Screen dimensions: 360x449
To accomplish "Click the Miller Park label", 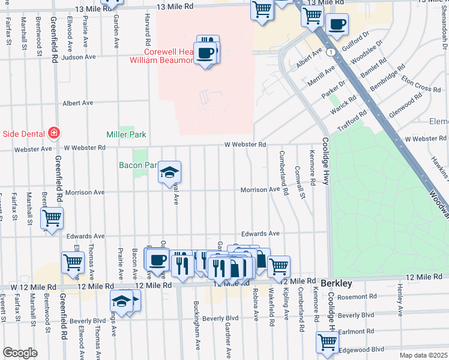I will [x=126, y=135].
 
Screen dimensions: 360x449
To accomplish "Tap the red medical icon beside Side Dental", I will [x=55, y=132].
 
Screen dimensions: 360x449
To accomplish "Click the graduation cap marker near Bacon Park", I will [x=170, y=173].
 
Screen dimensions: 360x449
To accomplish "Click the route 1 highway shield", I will [x=331, y=53].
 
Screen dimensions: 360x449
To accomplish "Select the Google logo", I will [x=20, y=353].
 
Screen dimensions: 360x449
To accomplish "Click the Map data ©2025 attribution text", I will [x=423, y=355].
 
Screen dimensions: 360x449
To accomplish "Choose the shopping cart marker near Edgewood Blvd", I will [x=328, y=342].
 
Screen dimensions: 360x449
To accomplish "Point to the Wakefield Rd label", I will [x=272, y=307].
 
